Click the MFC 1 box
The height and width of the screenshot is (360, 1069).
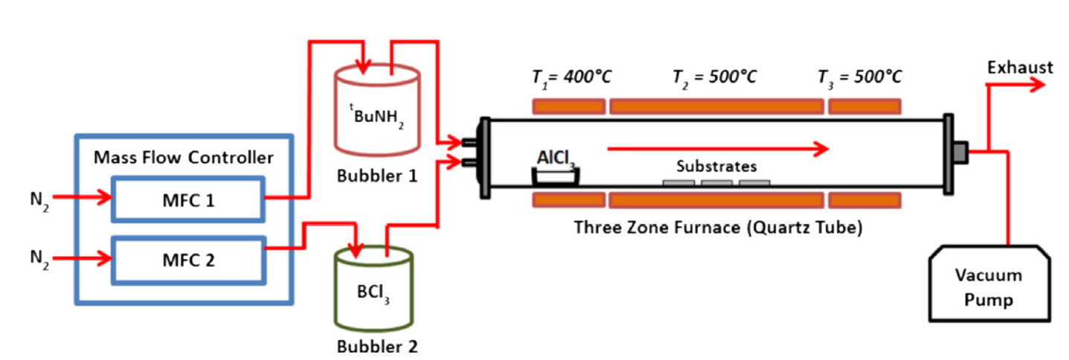click(x=187, y=199)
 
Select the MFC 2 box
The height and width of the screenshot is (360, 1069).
click(x=187, y=260)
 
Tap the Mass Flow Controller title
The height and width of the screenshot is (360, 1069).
click(x=183, y=157)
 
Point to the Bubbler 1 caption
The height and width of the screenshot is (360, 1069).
click(x=377, y=176)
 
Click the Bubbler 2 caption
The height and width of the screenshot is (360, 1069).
click(x=377, y=346)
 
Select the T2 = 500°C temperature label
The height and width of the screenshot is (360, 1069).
click(x=715, y=77)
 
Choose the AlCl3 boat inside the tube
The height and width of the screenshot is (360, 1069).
click(x=556, y=176)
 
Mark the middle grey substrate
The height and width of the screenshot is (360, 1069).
click(x=716, y=183)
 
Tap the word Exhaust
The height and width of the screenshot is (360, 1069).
click(x=1020, y=68)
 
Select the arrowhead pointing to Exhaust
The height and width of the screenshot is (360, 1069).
click(x=1037, y=85)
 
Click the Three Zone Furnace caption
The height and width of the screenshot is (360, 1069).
click(x=718, y=227)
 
